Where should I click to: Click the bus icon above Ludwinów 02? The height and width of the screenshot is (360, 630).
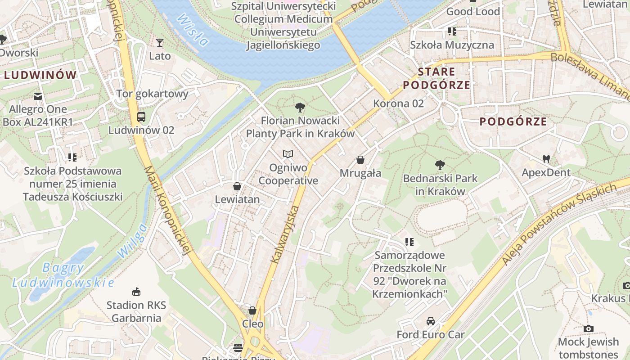tap(141, 117)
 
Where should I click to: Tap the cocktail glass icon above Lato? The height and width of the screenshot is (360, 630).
tap(160, 43)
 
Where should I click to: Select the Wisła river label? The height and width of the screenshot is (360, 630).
tap(193, 30)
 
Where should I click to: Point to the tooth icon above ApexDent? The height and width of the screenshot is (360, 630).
tap(546, 159)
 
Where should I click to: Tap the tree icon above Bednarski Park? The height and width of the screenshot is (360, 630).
tap(440, 165)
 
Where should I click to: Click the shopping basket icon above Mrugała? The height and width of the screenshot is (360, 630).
tap(360, 160)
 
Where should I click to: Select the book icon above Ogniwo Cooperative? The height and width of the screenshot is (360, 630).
tap(288, 154)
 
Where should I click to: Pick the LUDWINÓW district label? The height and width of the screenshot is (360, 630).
tap(40, 75)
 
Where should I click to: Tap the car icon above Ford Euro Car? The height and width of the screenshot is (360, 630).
tap(431, 321)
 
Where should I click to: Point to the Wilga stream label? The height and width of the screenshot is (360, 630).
tap(132, 241)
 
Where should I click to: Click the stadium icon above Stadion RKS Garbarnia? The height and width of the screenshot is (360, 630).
tap(136, 292)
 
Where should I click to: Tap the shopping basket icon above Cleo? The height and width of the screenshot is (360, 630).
tap(252, 310)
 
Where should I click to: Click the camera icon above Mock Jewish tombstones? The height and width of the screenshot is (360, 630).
tap(588, 328)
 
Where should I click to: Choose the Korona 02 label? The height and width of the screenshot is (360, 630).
tap(398, 103)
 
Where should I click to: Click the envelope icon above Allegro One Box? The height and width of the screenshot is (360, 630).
tap(38, 96)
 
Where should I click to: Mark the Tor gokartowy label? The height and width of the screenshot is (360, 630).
tap(152, 94)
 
